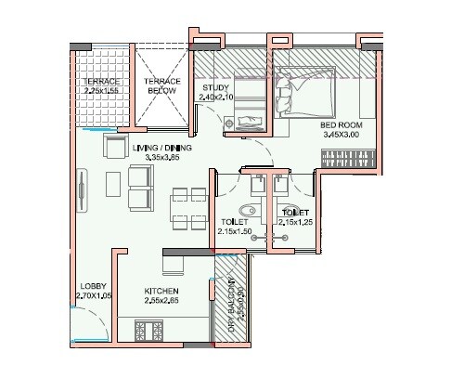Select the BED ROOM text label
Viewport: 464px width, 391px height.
pos(341,124)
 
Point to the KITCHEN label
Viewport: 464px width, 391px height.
pos(161,291)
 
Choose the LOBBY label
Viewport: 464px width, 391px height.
pos(93,286)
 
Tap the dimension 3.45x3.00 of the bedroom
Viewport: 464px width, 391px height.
pos(341,135)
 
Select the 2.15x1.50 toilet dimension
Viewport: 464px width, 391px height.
pos(233,231)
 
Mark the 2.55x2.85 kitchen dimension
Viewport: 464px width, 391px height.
pos(161,301)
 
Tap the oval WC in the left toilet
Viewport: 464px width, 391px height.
pos(246,208)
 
